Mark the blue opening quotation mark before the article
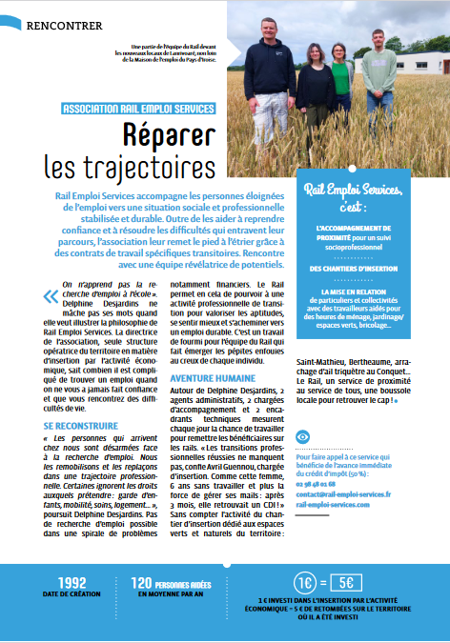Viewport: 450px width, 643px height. (51, 297)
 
